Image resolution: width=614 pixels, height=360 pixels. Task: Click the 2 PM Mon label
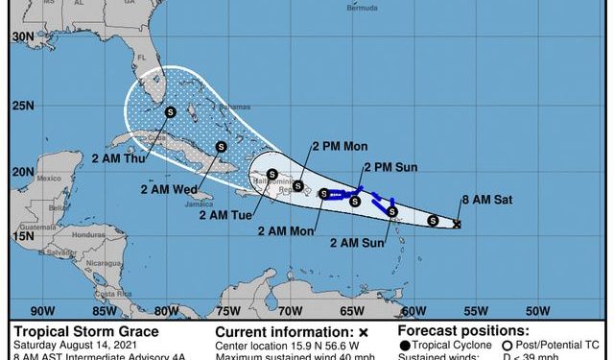tap(341, 148)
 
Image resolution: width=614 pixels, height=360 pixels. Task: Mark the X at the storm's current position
tap(457, 225)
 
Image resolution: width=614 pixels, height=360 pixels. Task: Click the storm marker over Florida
tap(170, 112)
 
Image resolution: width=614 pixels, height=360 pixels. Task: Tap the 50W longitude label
tap(537, 311)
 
